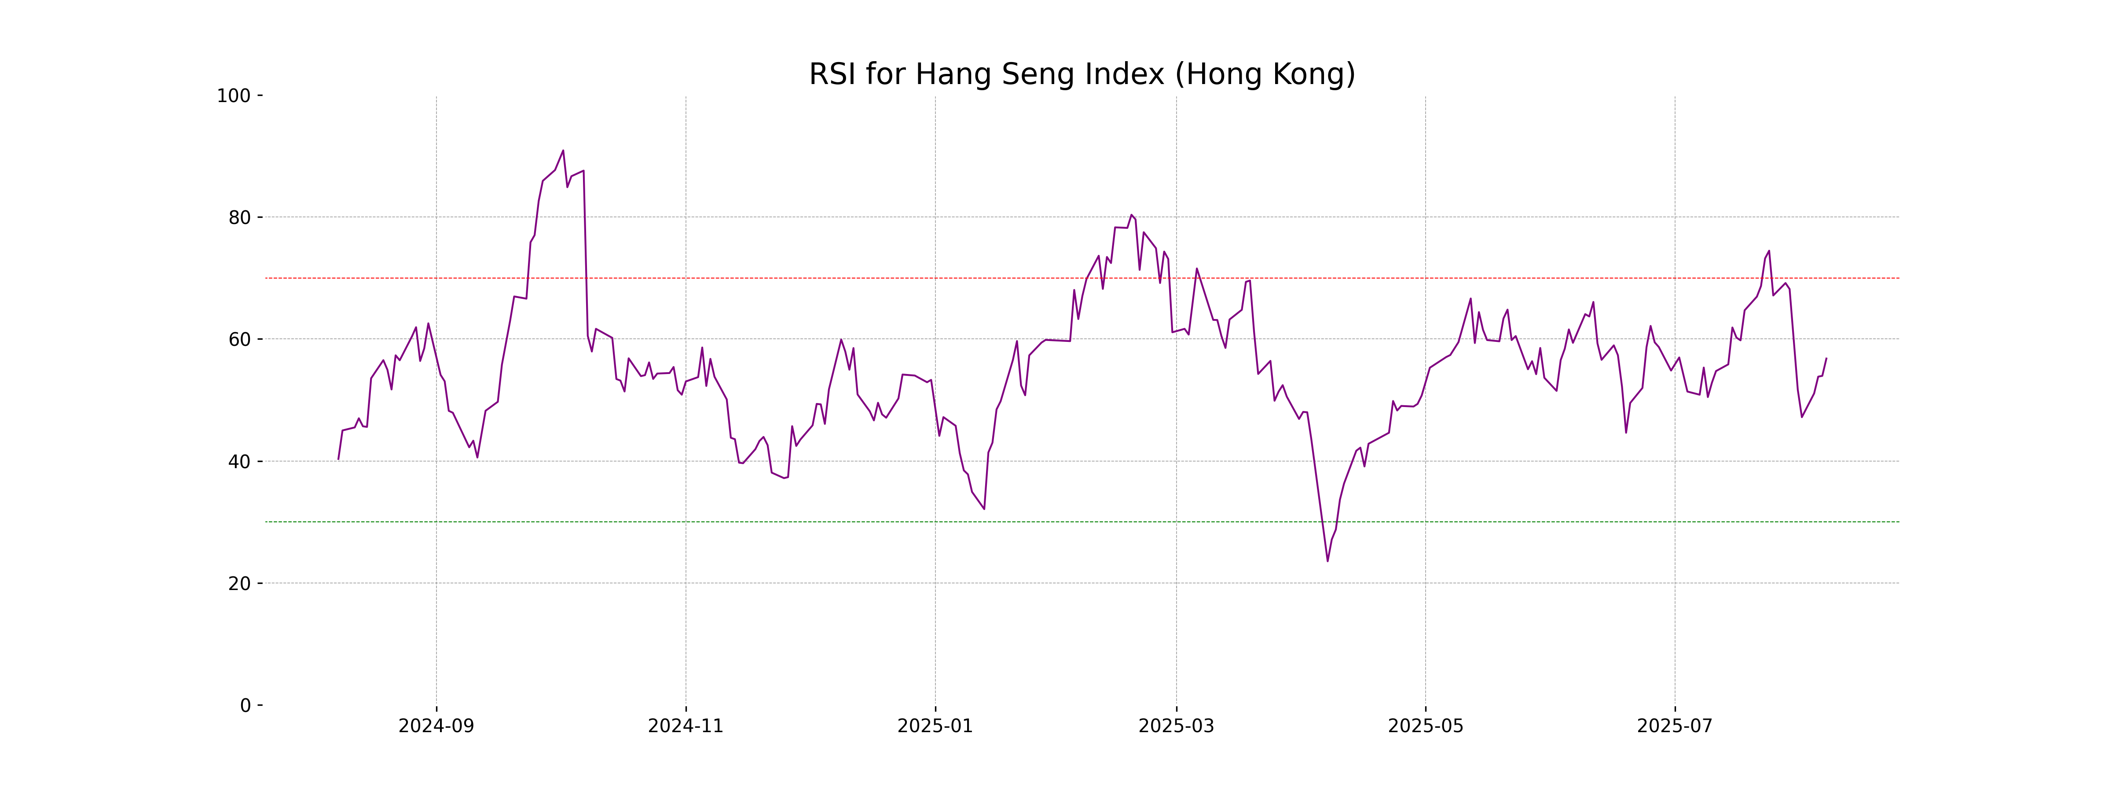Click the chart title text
click(1082, 75)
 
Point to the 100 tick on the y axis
click(234, 96)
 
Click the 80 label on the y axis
click(239, 218)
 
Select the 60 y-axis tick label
click(239, 339)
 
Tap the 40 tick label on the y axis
click(239, 462)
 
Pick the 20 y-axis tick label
click(239, 584)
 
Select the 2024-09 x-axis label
click(436, 726)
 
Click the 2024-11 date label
click(686, 726)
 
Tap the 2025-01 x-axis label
click(935, 726)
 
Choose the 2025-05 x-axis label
click(1425, 726)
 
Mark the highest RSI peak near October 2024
click(563, 151)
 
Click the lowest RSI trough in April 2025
click(1327, 561)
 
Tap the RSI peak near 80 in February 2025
click(1131, 215)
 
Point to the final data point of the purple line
click(1826, 358)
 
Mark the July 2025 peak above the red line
click(1768, 251)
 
